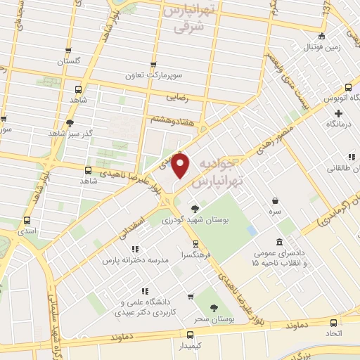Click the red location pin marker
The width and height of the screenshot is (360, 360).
[181, 167]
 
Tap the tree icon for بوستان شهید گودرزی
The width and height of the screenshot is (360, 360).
[195, 208]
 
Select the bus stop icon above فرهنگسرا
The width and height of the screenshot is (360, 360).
[186, 244]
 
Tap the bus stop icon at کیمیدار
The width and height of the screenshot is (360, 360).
[191, 335]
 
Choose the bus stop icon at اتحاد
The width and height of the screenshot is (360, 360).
[333, 322]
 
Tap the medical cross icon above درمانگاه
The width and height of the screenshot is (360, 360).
[338, 113]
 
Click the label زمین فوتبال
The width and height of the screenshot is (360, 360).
[322, 48]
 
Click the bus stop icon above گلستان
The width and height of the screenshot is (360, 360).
[67, 51]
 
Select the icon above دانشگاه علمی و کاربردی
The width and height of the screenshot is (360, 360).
[144, 291]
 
